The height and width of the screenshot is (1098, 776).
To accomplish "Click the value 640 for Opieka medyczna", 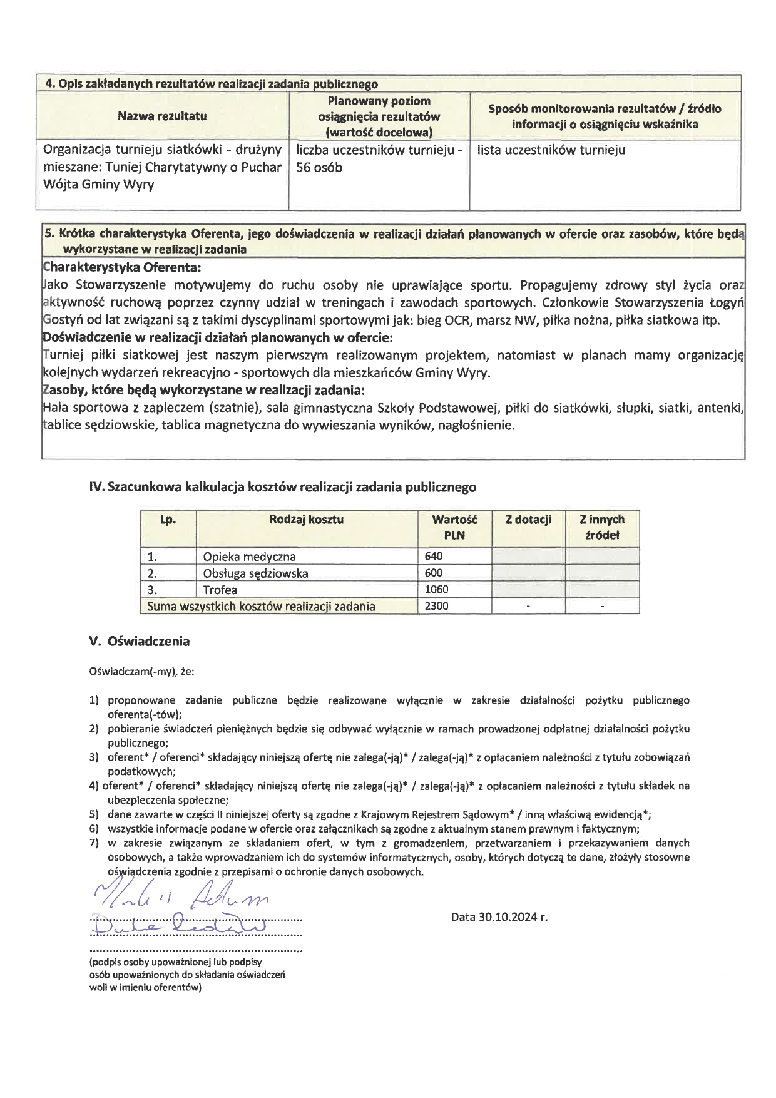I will pos(433,556).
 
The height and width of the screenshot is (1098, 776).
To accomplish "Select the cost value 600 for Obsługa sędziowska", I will pos(433,572).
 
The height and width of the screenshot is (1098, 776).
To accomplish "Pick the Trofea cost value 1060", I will pos(436,589).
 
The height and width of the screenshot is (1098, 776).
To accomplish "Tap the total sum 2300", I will pos(436,606).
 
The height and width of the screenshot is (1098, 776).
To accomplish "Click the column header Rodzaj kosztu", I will pos(307,520).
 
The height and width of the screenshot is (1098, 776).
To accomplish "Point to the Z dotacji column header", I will pos(528,520).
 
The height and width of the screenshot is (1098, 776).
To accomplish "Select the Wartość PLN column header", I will pos(454,527).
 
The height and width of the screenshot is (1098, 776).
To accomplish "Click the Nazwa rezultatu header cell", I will pos(162,116).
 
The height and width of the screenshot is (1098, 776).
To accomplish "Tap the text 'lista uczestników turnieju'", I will pos(551,150).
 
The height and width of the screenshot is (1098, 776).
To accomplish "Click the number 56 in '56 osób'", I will pos(304,168).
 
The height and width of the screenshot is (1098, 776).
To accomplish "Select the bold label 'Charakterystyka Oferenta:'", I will pos(122,268).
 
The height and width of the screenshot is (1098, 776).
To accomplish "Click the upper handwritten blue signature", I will pos(181,898).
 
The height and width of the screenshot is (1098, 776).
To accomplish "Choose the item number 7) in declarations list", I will pos(94,843).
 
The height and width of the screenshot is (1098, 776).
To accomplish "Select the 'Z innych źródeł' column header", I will pos(602,527).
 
